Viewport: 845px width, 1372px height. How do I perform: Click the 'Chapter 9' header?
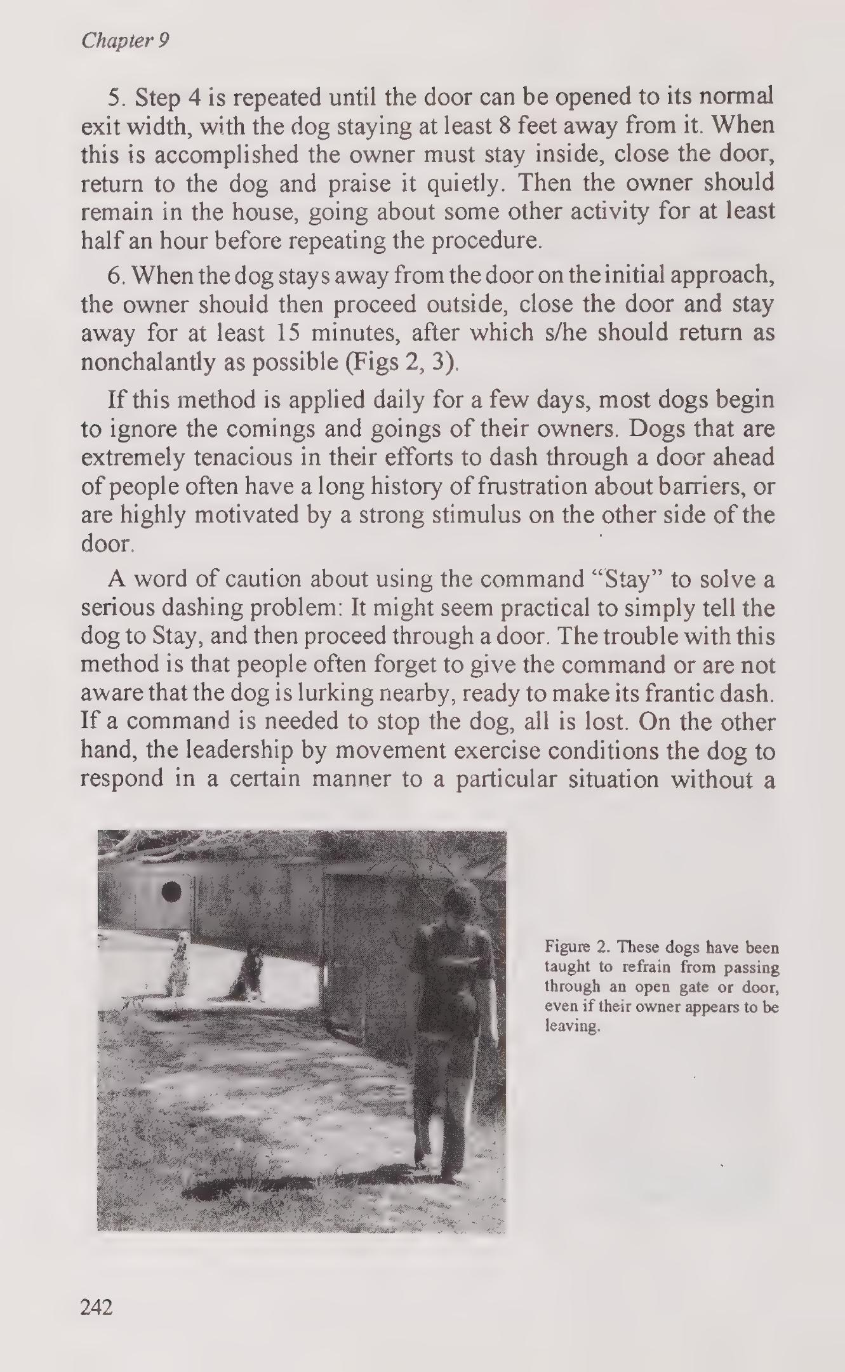pos(125,41)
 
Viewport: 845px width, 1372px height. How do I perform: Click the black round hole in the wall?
pos(171,892)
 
